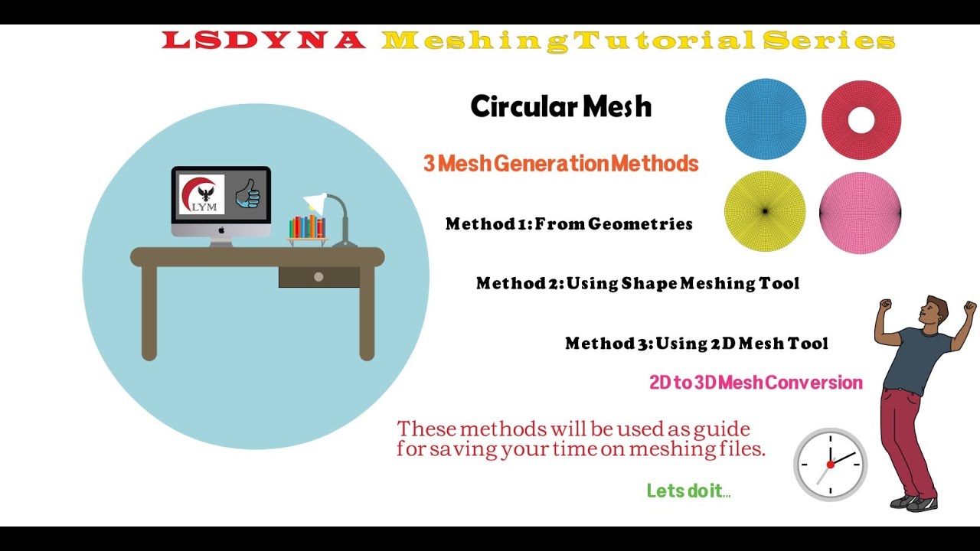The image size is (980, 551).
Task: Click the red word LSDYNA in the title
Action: (264, 41)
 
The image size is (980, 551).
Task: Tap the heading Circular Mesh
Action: (560, 106)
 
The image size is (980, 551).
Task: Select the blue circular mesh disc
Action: (765, 120)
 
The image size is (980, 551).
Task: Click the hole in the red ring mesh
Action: (861, 119)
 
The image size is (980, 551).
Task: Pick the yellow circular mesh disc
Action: (764, 211)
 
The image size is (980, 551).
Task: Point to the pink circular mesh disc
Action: (860, 213)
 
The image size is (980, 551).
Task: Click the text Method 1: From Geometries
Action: (569, 224)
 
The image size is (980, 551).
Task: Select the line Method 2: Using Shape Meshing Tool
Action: (637, 284)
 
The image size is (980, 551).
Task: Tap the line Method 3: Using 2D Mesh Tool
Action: (696, 344)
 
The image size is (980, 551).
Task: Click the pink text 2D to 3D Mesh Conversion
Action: (756, 383)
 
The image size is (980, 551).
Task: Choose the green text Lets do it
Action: (687, 491)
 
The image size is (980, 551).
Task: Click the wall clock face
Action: (830, 465)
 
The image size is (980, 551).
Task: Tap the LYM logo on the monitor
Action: (201, 194)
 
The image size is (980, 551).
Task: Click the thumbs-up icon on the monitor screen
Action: (247, 194)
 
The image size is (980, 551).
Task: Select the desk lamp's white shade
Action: (315, 203)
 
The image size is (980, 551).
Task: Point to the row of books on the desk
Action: (307, 227)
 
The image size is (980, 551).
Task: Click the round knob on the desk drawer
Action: (318, 277)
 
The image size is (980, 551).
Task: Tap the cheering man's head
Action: (933, 310)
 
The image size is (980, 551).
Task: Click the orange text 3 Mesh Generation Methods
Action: (560, 164)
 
